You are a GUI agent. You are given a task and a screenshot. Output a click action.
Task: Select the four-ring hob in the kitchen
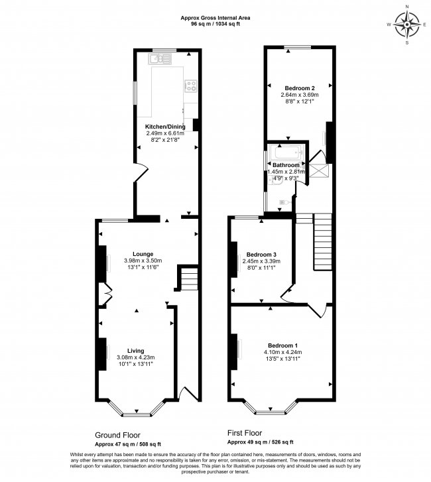(191, 85)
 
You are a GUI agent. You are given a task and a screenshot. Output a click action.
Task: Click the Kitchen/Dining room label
(165, 126)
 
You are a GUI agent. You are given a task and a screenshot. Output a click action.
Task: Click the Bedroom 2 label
(300, 88)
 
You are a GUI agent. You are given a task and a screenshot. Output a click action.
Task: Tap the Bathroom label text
(285, 164)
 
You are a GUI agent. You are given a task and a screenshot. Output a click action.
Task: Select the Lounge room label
(143, 254)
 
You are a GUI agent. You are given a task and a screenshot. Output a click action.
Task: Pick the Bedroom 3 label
(261, 255)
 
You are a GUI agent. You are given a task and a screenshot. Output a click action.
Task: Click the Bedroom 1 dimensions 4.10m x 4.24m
(283, 352)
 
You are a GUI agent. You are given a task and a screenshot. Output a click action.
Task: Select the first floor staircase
(322, 241)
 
